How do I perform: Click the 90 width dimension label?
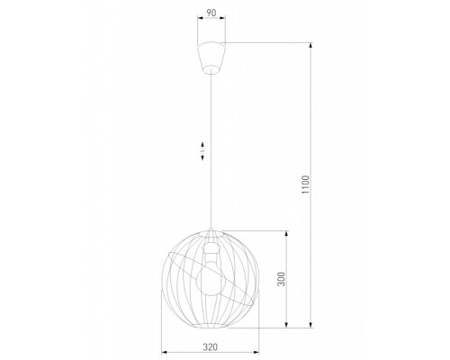pyautogui.click(x=211, y=13)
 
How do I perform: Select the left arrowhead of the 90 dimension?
pyautogui.click(x=197, y=21)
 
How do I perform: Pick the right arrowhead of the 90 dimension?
pyautogui.click(x=224, y=21)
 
